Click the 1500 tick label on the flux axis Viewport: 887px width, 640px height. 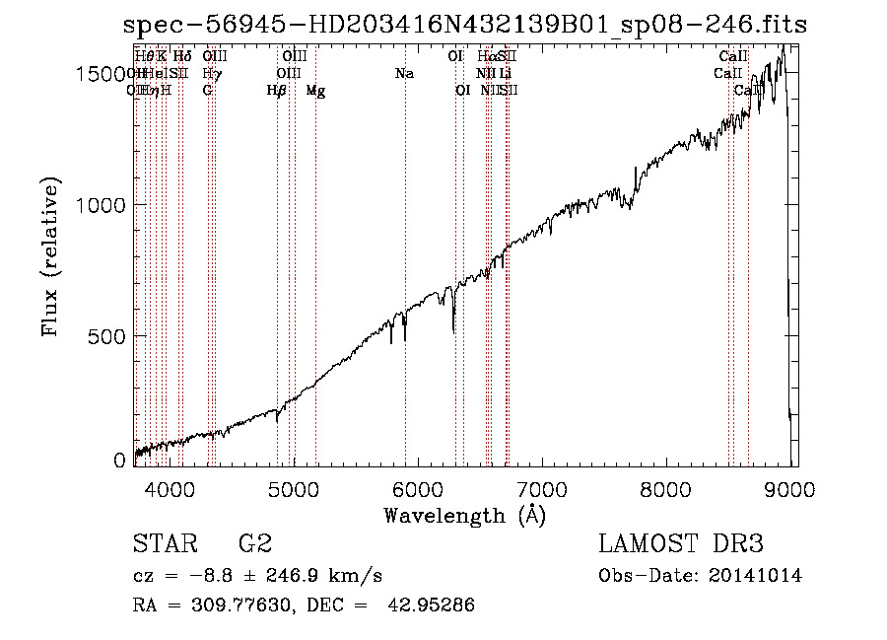[104, 74]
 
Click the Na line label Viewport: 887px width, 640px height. [404, 73]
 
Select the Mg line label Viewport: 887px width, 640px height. [315, 91]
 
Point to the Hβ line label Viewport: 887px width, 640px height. [277, 91]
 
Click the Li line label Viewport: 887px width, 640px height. [505, 73]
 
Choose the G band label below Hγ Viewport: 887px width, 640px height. [207, 90]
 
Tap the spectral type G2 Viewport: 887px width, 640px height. [254, 543]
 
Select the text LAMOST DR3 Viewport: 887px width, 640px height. [681, 543]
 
